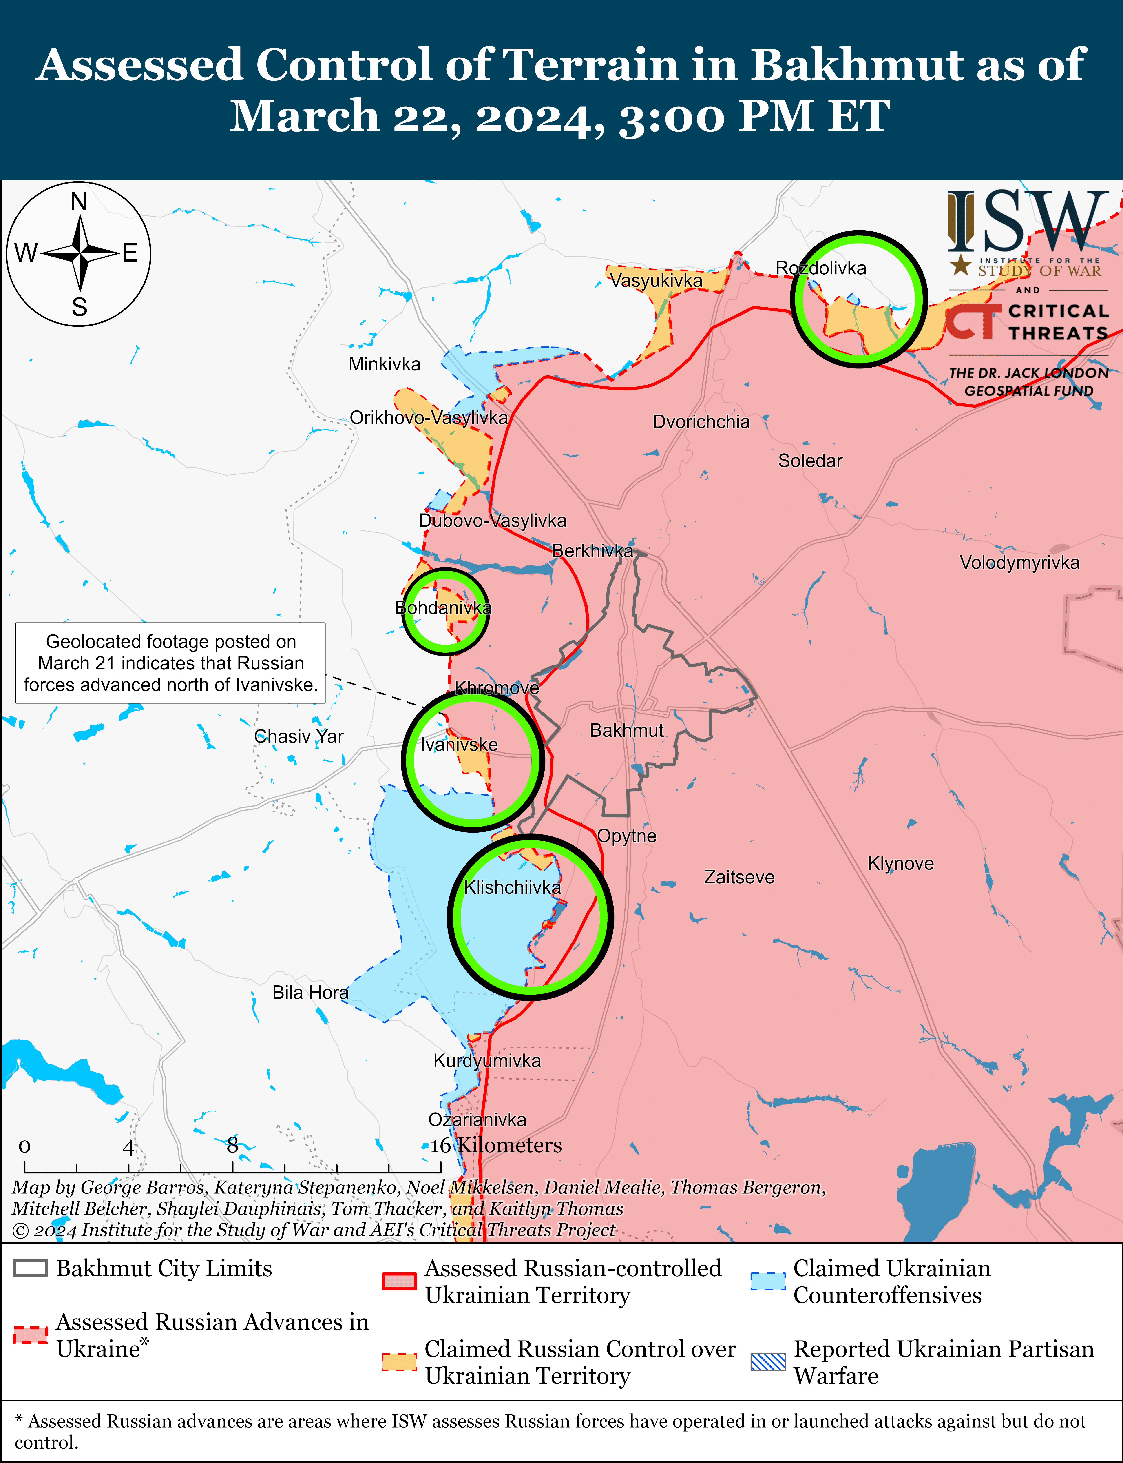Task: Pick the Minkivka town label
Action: pos(384,364)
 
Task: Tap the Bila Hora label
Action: pos(310,993)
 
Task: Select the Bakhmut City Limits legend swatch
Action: pos(30,1268)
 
